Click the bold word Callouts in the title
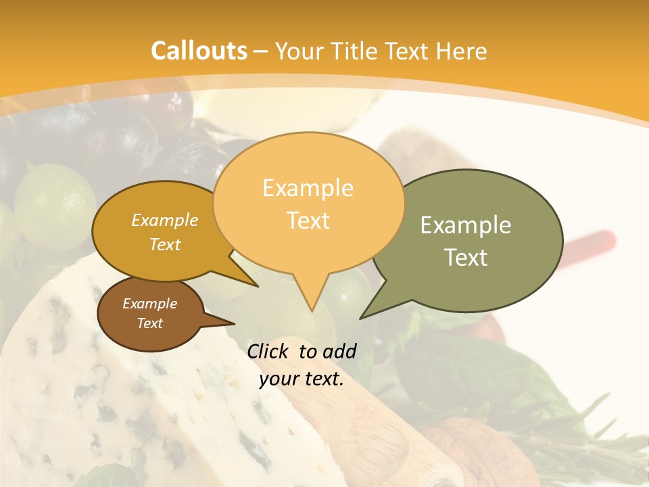[x=199, y=51]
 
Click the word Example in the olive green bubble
[x=466, y=225]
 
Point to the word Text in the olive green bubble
[x=466, y=257]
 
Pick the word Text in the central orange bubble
[x=308, y=220]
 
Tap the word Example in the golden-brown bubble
[x=165, y=220]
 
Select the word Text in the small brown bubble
[x=150, y=323]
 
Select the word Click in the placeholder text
[x=268, y=350]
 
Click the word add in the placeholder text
[x=339, y=350]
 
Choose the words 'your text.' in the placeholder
[x=302, y=379]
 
